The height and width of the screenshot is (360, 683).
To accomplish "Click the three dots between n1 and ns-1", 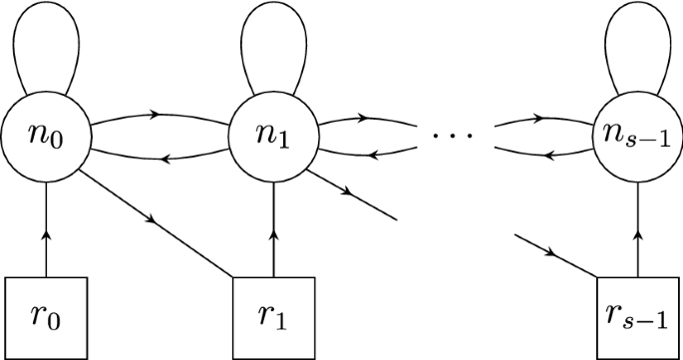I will point(455,133).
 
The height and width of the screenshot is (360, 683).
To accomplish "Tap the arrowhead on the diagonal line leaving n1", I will point(344,191).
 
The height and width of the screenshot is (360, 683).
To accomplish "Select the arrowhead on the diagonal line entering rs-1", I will point(551,252).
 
